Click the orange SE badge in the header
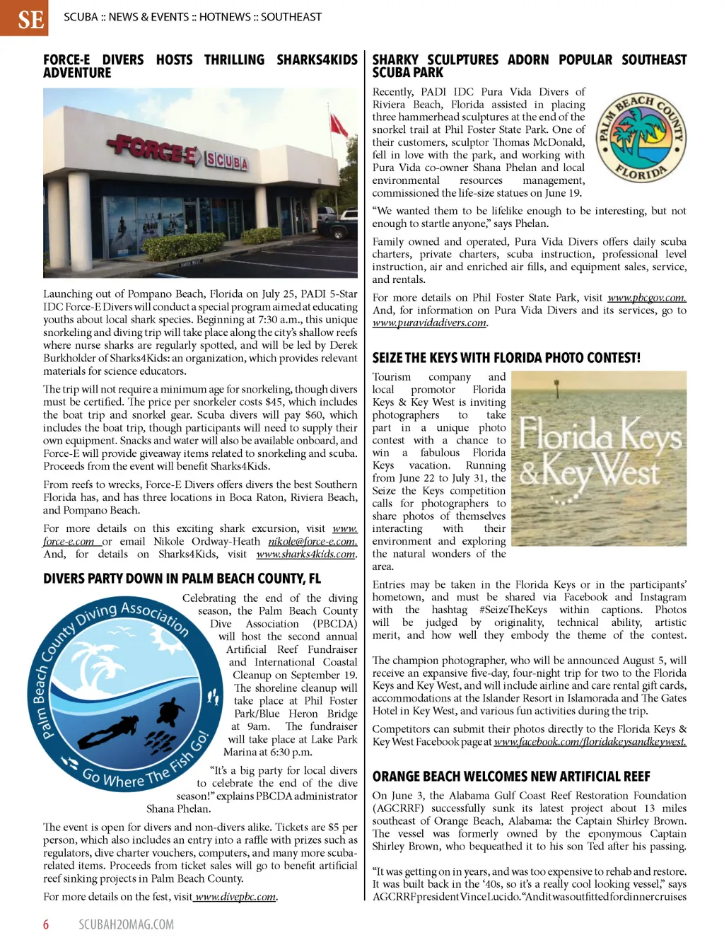click(x=24, y=18)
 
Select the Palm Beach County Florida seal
click(x=641, y=139)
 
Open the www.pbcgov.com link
click(x=646, y=298)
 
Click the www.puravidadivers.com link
click(x=429, y=323)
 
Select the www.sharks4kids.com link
click(x=306, y=555)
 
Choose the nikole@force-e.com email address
click(x=312, y=542)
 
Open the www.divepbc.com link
click(x=235, y=897)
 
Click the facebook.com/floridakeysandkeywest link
click(x=590, y=742)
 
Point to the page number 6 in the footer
click(x=47, y=924)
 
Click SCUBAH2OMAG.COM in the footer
click(x=126, y=924)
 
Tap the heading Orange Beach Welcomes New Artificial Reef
click(x=511, y=777)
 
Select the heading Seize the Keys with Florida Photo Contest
click(x=506, y=358)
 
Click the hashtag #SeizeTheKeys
click(x=513, y=610)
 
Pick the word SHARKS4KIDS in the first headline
click(x=317, y=60)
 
